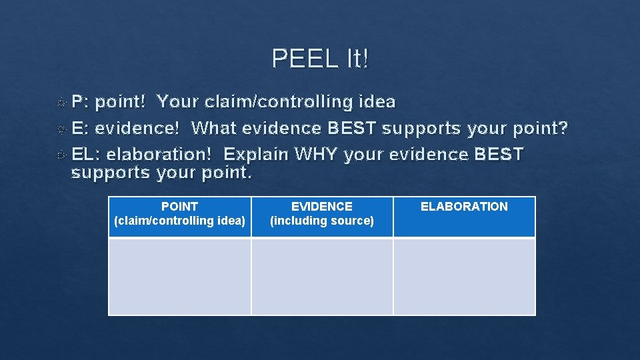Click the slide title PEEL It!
point(320,59)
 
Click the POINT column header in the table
point(179,207)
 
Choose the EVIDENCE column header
point(322,207)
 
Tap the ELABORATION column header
point(464,207)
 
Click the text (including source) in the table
point(322,221)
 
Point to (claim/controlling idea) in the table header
point(180,221)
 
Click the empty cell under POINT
point(180,277)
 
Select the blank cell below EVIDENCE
point(322,277)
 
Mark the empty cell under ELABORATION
point(464,277)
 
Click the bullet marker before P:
point(61,103)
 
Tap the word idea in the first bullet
point(377,102)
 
